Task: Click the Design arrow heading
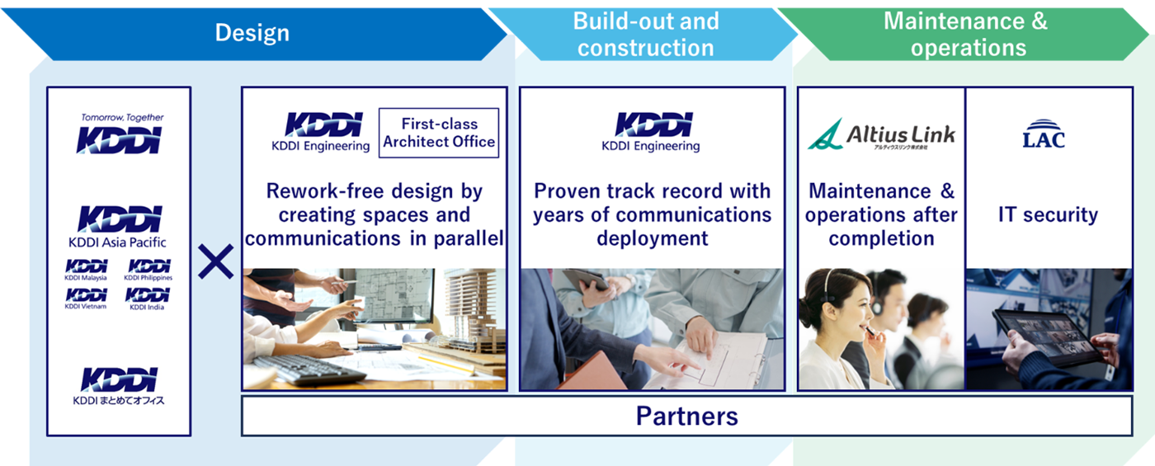coord(252,33)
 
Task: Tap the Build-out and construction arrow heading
coord(645,34)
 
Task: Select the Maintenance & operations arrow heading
coord(966,34)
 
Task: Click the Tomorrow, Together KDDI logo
coord(120,133)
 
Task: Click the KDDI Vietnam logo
coord(86,299)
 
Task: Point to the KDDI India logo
coord(148,299)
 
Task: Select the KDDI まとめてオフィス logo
coord(119,387)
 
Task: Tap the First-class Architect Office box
coord(439,133)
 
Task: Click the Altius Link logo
coord(881,134)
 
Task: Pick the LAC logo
coord(1044,134)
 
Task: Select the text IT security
coord(1049,214)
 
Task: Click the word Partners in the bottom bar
coord(686,416)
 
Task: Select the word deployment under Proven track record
coord(653,238)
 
